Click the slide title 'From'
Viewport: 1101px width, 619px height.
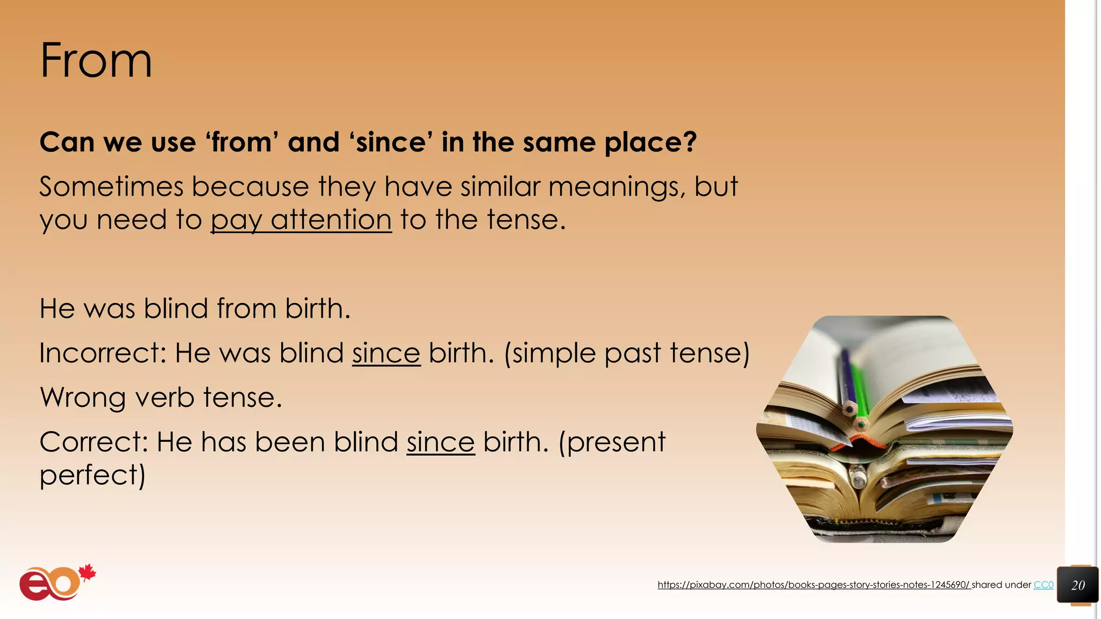96,61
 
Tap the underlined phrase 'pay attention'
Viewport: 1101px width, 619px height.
301,220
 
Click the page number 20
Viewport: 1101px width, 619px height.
1077,585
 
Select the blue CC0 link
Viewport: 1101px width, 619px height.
1043,585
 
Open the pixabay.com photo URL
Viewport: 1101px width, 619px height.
813,585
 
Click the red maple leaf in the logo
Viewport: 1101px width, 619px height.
87,573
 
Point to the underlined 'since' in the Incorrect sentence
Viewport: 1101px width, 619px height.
386,353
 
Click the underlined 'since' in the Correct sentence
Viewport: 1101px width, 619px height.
440,442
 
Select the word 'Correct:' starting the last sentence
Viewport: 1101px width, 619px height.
94,442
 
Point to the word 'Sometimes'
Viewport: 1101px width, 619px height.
111,186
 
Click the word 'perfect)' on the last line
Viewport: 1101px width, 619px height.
92,476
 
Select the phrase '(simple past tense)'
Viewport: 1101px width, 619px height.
626,353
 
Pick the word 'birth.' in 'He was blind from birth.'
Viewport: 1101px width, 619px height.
317,308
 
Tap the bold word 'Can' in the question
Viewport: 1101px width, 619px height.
67,142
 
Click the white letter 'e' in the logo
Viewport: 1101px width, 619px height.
35,585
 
